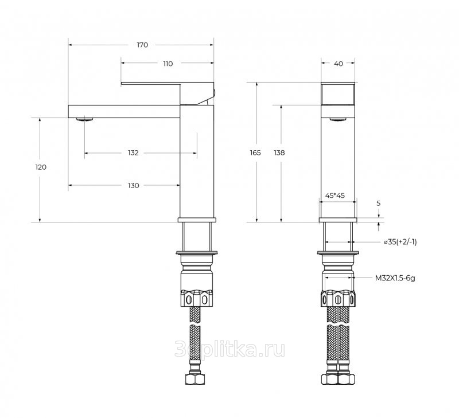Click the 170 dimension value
point(142,45)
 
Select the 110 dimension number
point(168,64)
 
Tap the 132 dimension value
point(133,153)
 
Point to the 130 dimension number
point(133,185)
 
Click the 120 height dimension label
point(41,167)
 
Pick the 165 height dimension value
point(255,153)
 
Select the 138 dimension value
point(279,153)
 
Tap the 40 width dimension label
point(339,64)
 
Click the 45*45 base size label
point(335,196)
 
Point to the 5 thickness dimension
point(378,204)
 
